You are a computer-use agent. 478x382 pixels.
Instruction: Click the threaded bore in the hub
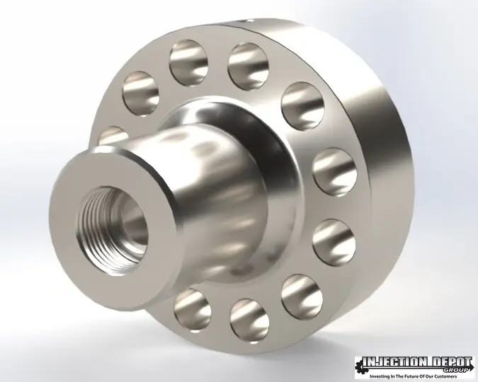(112, 230)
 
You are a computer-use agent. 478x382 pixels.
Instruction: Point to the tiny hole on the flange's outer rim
(250, 21)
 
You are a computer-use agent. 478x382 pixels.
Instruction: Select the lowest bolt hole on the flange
(250, 321)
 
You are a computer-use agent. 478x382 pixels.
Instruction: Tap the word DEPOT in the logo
(450, 362)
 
